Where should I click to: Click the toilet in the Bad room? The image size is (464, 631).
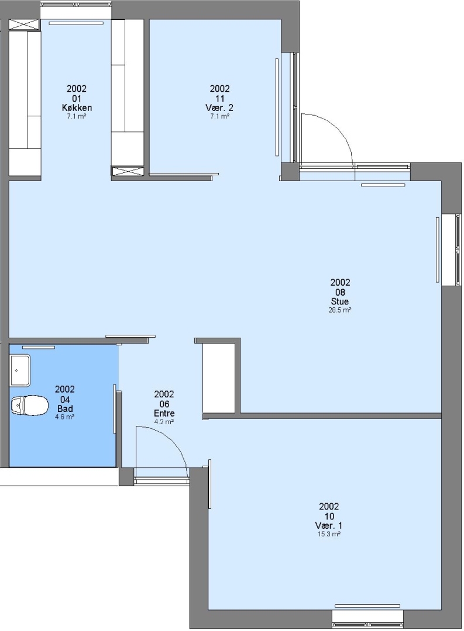coord(29,405)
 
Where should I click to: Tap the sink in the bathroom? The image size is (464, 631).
coord(20,370)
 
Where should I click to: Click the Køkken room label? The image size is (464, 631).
coord(77,108)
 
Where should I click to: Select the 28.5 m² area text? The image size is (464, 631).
coord(340,310)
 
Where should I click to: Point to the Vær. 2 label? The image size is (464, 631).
coord(219,108)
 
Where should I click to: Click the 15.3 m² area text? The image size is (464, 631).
coord(329,534)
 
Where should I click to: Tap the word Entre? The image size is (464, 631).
coord(164,413)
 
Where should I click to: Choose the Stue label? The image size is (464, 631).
coord(340,301)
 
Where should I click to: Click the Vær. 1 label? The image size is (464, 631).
coord(329,526)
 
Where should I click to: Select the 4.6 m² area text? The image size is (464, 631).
coord(64,417)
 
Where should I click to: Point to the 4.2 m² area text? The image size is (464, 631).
coord(164,422)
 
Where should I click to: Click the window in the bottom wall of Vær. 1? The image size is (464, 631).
coord(367,619)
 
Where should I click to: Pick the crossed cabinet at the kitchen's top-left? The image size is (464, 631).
coord(25,25)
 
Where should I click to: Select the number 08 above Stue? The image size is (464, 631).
coord(340,292)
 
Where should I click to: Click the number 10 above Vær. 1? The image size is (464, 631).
coord(329,516)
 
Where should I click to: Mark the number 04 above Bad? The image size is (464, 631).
coord(64,399)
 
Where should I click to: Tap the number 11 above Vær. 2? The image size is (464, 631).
coord(219,98)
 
